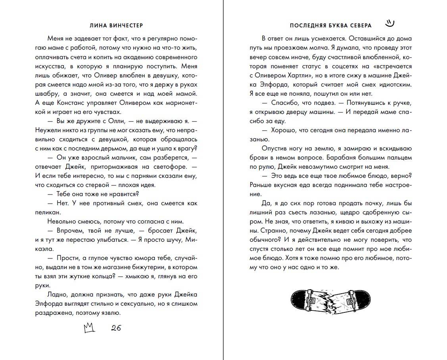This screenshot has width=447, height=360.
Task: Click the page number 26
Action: click(x=116, y=328)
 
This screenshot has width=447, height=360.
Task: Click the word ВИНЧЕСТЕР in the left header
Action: click(x=124, y=25)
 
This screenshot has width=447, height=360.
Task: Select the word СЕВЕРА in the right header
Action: click(x=359, y=25)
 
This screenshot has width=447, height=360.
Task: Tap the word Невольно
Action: click(x=60, y=221)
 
